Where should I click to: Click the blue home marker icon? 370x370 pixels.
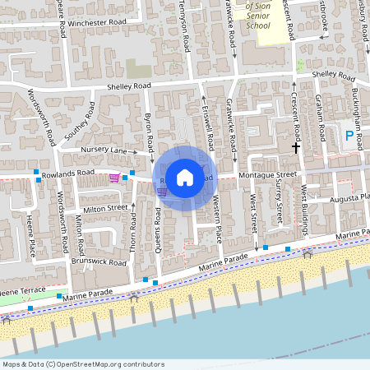point(185,177)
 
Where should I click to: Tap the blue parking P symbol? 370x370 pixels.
point(349,136)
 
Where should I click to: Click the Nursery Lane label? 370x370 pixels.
point(104,151)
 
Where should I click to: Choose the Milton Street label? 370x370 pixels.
point(105,209)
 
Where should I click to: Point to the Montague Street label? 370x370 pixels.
point(267,175)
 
